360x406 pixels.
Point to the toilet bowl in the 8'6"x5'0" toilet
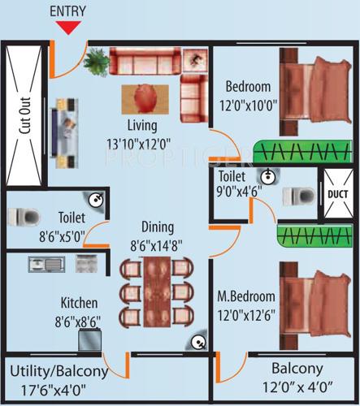click(x=23, y=218)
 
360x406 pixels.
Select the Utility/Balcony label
click(x=59, y=372)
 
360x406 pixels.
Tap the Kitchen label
click(x=79, y=302)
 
